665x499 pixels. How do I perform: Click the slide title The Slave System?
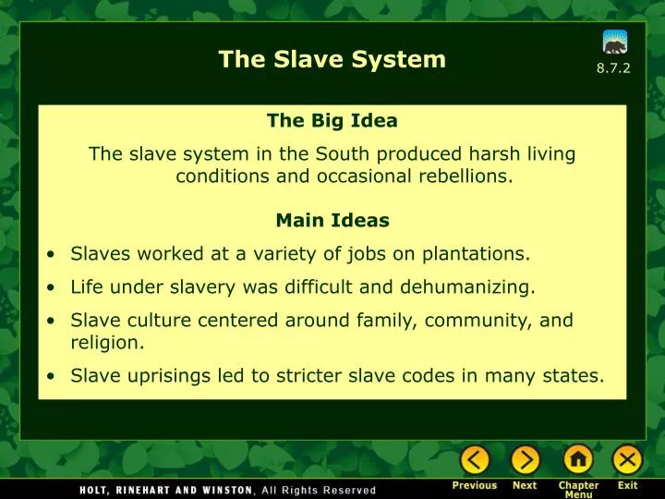point(332,60)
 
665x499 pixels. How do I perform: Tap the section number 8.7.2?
point(613,69)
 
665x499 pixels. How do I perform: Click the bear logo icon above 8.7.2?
point(615,42)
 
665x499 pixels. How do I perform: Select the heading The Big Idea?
point(332,120)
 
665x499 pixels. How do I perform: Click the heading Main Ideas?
point(332,221)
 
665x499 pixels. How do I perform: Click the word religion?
point(106,343)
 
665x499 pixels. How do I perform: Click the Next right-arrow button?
point(525,459)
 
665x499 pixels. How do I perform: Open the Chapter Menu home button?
point(578,459)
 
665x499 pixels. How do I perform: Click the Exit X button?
point(627,459)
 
